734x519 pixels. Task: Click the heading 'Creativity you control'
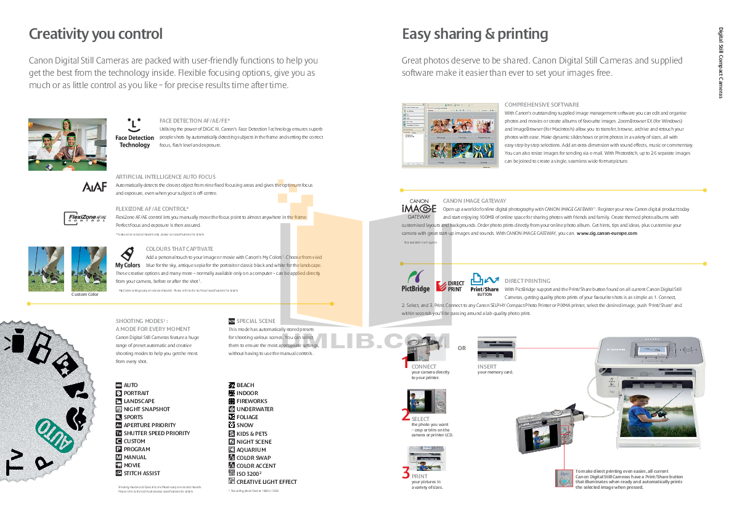tap(96, 34)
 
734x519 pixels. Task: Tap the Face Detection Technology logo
tap(134, 133)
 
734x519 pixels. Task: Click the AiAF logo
tap(95, 186)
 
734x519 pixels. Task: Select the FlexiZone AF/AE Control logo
tap(86, 218)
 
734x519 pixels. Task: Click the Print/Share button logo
tap(484, 283)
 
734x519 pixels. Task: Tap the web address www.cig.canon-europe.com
tap(606, 234)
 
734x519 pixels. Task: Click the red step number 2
tap(406, 415)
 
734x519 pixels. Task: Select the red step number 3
tap(406, 473)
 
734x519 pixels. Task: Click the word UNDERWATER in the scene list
tap(255, 409)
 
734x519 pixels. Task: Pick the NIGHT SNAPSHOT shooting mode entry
tap(147, 409)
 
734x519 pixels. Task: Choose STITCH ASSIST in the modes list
tap(142, 473)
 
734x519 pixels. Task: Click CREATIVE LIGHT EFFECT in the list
tap(266, 482)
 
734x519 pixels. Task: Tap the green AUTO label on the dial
tap(57, 438)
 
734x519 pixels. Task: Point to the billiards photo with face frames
tap(59, 144)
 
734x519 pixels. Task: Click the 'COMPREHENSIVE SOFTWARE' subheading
tap(542, 105)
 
